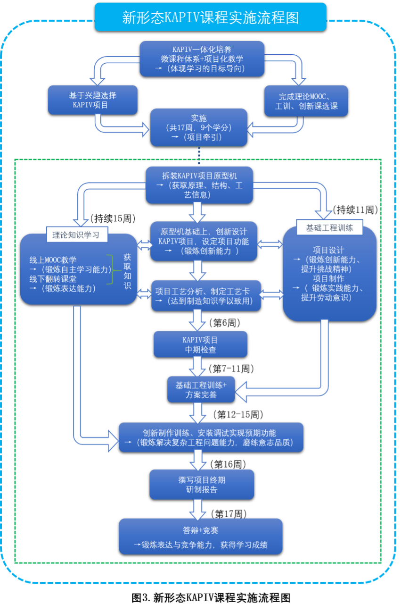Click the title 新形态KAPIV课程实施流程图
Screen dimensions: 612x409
coord(210,17)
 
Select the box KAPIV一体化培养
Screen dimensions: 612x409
coord(202,59)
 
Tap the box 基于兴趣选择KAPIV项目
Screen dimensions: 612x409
coord(93,100)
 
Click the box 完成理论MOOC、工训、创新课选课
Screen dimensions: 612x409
coord(306,101)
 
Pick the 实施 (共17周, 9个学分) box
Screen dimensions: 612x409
coord(199,127)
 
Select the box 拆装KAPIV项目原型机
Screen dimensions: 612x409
coord(199,185)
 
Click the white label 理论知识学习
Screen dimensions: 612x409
coord(77,235)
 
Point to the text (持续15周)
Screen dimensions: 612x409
coord(113,218)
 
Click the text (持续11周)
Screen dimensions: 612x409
coord(355,210)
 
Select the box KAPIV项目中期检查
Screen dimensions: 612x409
coord(200,344)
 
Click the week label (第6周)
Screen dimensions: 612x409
coord(224,323)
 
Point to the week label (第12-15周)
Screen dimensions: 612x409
coord(238,415)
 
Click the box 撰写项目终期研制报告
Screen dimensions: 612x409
coord(202,485)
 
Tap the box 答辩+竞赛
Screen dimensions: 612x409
coord(200,537)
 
